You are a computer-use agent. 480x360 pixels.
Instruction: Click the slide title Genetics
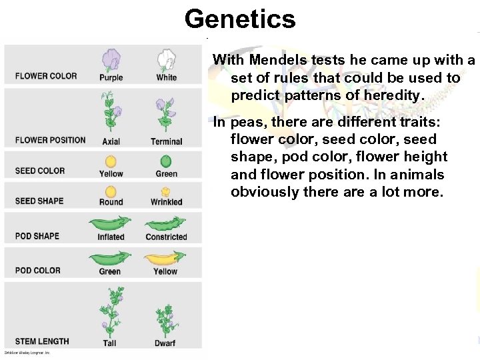[240, 19]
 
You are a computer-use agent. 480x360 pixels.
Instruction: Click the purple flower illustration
[111, 59]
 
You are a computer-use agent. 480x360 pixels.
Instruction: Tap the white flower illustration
[166, 59]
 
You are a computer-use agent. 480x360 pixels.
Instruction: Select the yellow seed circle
[111, 161]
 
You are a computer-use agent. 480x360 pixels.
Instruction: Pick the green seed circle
[166, 161]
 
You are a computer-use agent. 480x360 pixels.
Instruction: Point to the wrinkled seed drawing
[166, 191]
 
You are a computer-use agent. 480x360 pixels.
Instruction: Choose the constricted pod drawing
[166, 223]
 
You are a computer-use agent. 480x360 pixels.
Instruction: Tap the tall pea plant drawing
[110, 311]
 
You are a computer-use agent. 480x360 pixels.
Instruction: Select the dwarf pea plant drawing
[165, 319]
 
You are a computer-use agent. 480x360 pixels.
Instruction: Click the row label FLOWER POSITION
[50, 140]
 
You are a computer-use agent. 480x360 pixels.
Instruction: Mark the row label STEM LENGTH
[42, 341]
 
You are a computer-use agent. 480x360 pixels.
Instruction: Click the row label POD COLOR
[38, 270]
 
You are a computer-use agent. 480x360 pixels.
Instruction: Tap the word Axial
[111, 141]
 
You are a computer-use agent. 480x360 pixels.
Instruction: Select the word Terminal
[166, 141]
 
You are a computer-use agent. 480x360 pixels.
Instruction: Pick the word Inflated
[111, 237]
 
